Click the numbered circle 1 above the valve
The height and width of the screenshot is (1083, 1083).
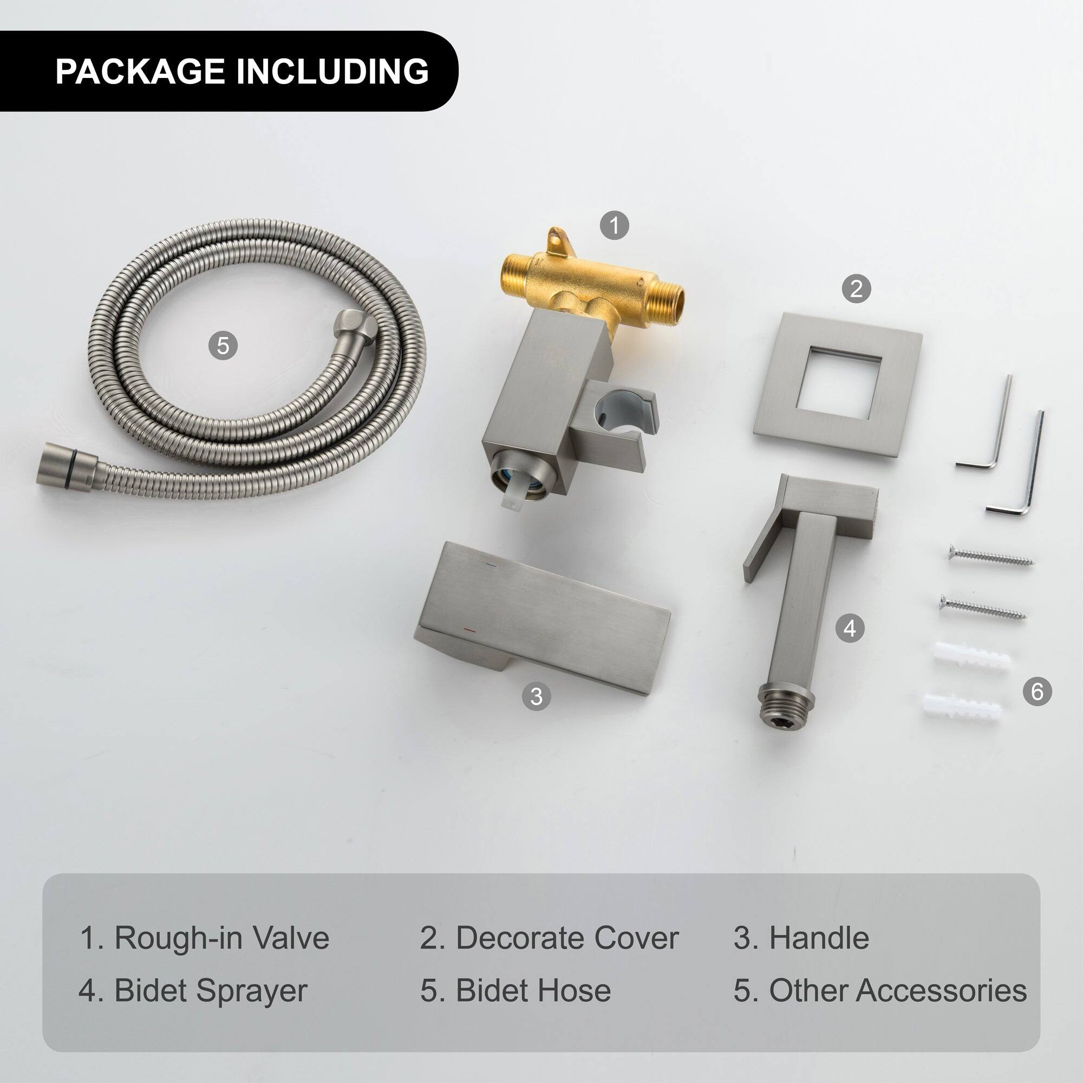point(615,225)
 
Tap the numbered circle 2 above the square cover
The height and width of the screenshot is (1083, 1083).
point(856,289)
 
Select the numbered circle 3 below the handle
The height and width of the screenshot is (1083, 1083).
point(537,696)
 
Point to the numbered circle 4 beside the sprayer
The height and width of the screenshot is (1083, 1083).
point(850,628)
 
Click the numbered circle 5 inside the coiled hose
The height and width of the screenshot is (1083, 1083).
point(223,345)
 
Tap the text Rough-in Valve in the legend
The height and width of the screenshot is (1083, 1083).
point(222,938)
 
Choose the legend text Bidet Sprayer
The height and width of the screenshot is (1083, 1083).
point(210,990)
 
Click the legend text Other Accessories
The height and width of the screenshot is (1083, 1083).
point(897,990)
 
